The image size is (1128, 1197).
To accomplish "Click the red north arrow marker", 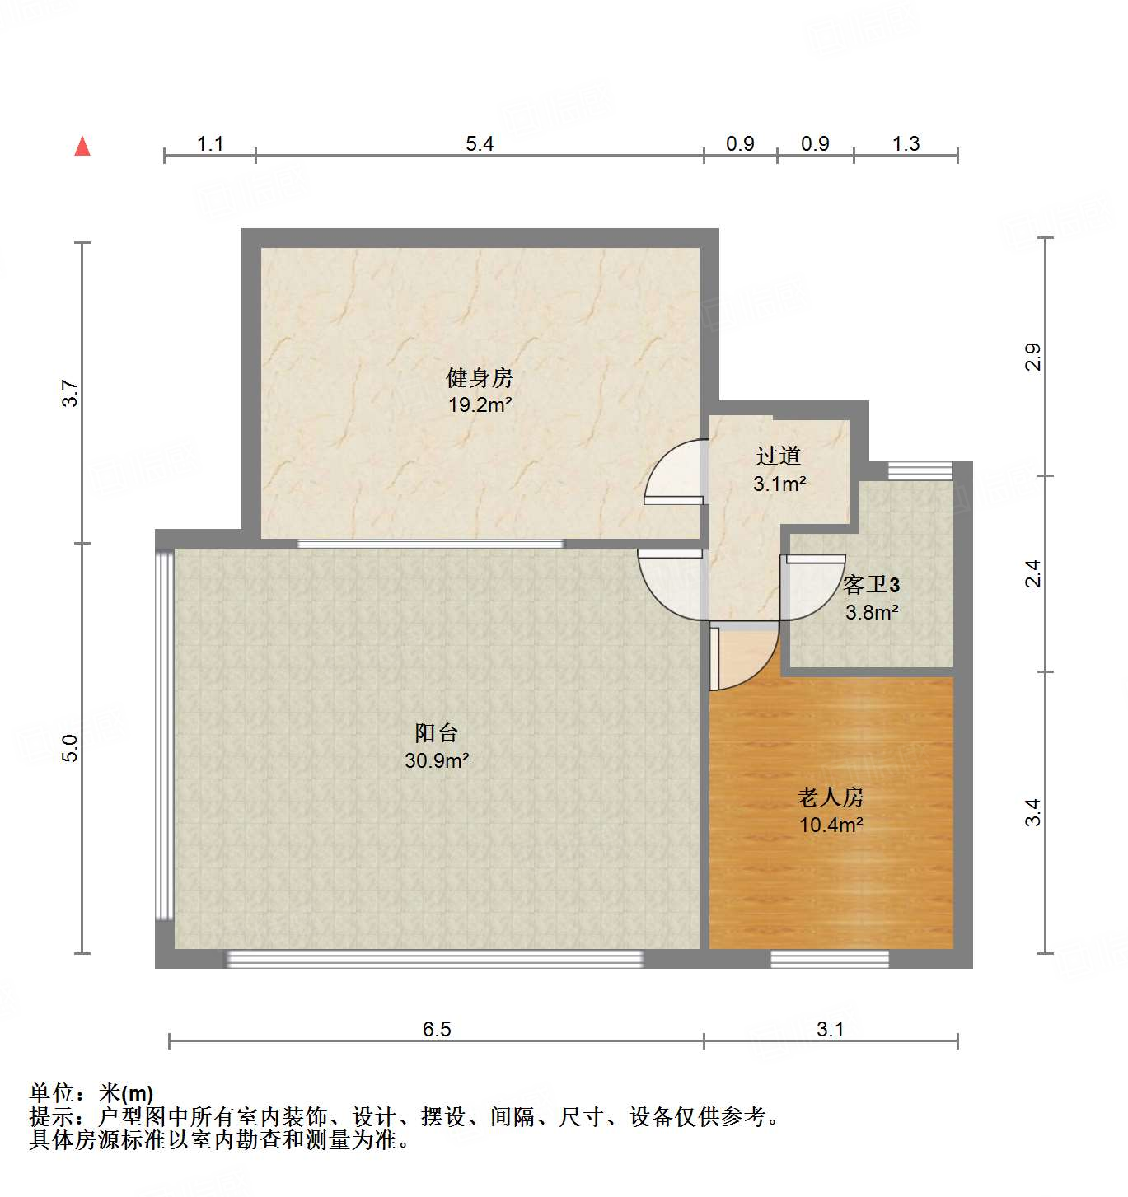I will [x=82, y=147].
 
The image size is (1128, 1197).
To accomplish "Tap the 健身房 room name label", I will [x=480, y=378].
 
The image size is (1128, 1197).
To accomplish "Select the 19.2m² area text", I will [x=480, y=405].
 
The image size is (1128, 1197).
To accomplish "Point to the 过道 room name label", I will [x=779, y=456].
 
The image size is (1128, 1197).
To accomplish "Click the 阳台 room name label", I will [x=437, y=732].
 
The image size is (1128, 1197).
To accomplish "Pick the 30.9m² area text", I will [x=437, y=760].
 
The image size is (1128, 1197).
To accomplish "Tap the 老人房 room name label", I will [x=831, y=797].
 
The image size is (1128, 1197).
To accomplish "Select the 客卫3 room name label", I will [x=871, y=585].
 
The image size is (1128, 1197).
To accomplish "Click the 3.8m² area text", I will [x=871, y=612].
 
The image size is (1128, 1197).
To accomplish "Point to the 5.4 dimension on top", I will [x=480, y=144].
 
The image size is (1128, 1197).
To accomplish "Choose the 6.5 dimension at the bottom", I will [x=437, y=1029].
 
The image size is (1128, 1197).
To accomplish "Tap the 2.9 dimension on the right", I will [x=1033, y=357].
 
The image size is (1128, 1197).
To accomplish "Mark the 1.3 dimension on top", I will [x=906, y=144].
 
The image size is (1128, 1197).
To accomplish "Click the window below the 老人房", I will [x=830, y=958].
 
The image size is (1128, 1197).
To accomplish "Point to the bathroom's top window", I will [x=920, y=470].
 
